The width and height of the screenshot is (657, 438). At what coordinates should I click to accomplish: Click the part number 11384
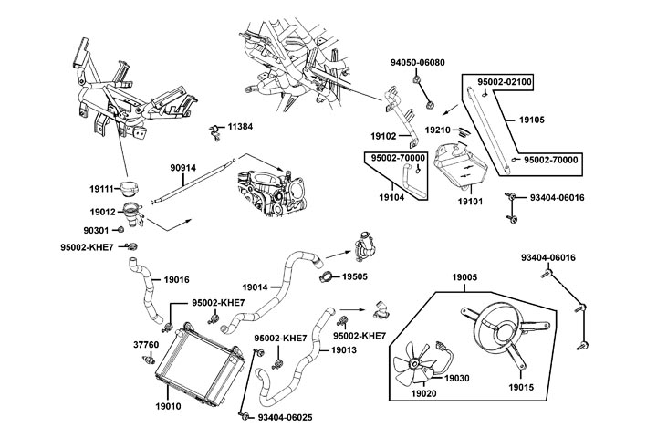(242, 126)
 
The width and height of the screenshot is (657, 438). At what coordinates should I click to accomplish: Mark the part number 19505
(356, 276)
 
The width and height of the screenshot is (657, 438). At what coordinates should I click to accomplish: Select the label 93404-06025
(285, 418)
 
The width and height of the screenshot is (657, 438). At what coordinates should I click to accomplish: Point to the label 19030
(457, 378)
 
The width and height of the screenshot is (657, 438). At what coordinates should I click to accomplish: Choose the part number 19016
(176, 279)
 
